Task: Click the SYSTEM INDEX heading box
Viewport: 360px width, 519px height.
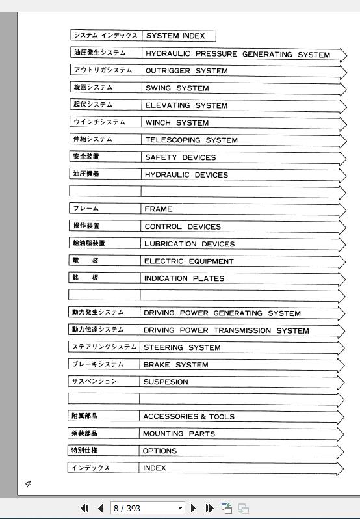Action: pos(179,36)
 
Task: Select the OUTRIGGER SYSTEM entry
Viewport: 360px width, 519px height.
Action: pos(186,71)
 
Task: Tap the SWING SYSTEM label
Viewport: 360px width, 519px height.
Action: pos(177,88)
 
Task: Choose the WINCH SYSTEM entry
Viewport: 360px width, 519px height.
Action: pos(177,123)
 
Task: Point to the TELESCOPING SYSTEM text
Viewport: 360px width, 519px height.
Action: pos(191,140)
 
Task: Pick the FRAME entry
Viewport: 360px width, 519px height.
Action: pos(158,209)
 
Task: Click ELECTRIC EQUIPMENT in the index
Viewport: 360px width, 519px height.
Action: pos(188,261)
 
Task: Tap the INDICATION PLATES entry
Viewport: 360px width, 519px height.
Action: pos(184,278)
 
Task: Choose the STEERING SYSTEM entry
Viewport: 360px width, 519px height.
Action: pos(181,347)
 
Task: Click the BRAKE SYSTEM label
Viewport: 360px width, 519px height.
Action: pos(175,365)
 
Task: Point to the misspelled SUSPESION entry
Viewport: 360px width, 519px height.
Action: pos(166,382)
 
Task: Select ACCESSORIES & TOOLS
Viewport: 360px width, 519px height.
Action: pos(188,416)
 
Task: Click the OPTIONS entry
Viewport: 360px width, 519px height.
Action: pos(160,451)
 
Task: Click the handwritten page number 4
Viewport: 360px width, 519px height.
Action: pos(29,483)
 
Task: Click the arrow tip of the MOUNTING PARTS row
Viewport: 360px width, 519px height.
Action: pos(342,434)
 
